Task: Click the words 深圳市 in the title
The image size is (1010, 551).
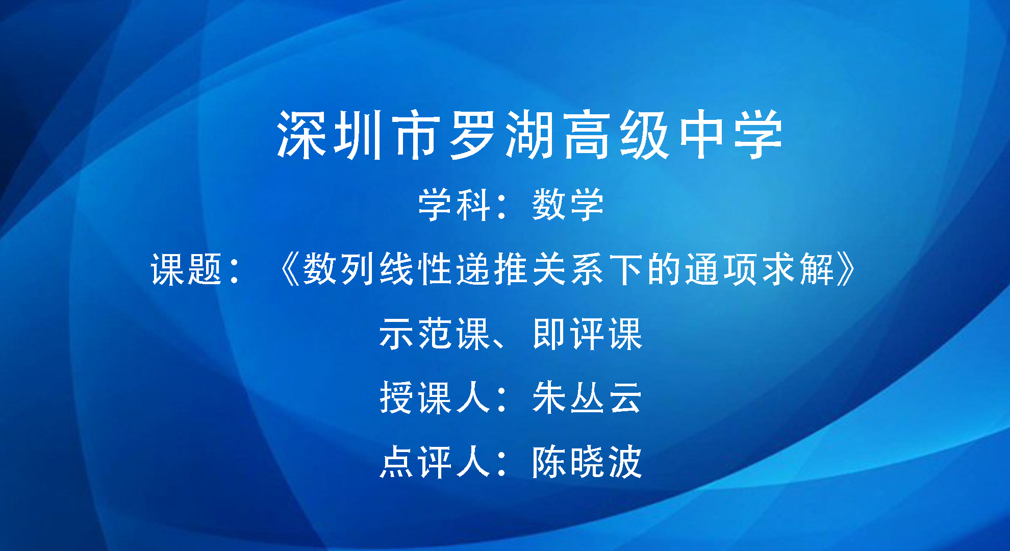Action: [x=359, y=135]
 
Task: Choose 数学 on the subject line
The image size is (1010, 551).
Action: [x=568, y=205]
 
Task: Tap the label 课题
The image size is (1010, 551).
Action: [x=187, y=269]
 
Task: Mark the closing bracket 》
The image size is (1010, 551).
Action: [x=846, y=269]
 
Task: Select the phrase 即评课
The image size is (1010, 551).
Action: [x=587, y=334]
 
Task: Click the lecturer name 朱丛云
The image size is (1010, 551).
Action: [x=587, y=397]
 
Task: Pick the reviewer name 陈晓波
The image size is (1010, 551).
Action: [x=587, y=462]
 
